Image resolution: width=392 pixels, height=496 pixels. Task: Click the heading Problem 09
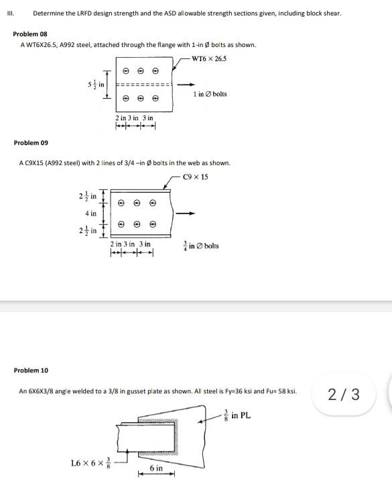(31, 142)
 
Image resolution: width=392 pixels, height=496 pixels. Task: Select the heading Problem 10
(31, 370)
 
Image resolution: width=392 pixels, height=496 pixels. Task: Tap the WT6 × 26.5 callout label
(209, 58)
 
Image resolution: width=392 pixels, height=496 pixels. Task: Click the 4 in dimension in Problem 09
(90, 213)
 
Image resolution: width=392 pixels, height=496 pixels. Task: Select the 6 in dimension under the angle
(156, 467)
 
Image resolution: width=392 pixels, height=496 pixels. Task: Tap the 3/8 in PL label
(239, 415)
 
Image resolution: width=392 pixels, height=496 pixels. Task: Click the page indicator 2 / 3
(344, 394)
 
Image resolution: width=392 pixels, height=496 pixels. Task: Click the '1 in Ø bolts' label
(210, 94)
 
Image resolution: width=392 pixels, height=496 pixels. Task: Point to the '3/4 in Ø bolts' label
(200, 246)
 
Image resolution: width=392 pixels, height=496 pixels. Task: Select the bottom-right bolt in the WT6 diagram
(155, 98)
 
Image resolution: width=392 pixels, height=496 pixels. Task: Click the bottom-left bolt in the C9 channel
(121, 225)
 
